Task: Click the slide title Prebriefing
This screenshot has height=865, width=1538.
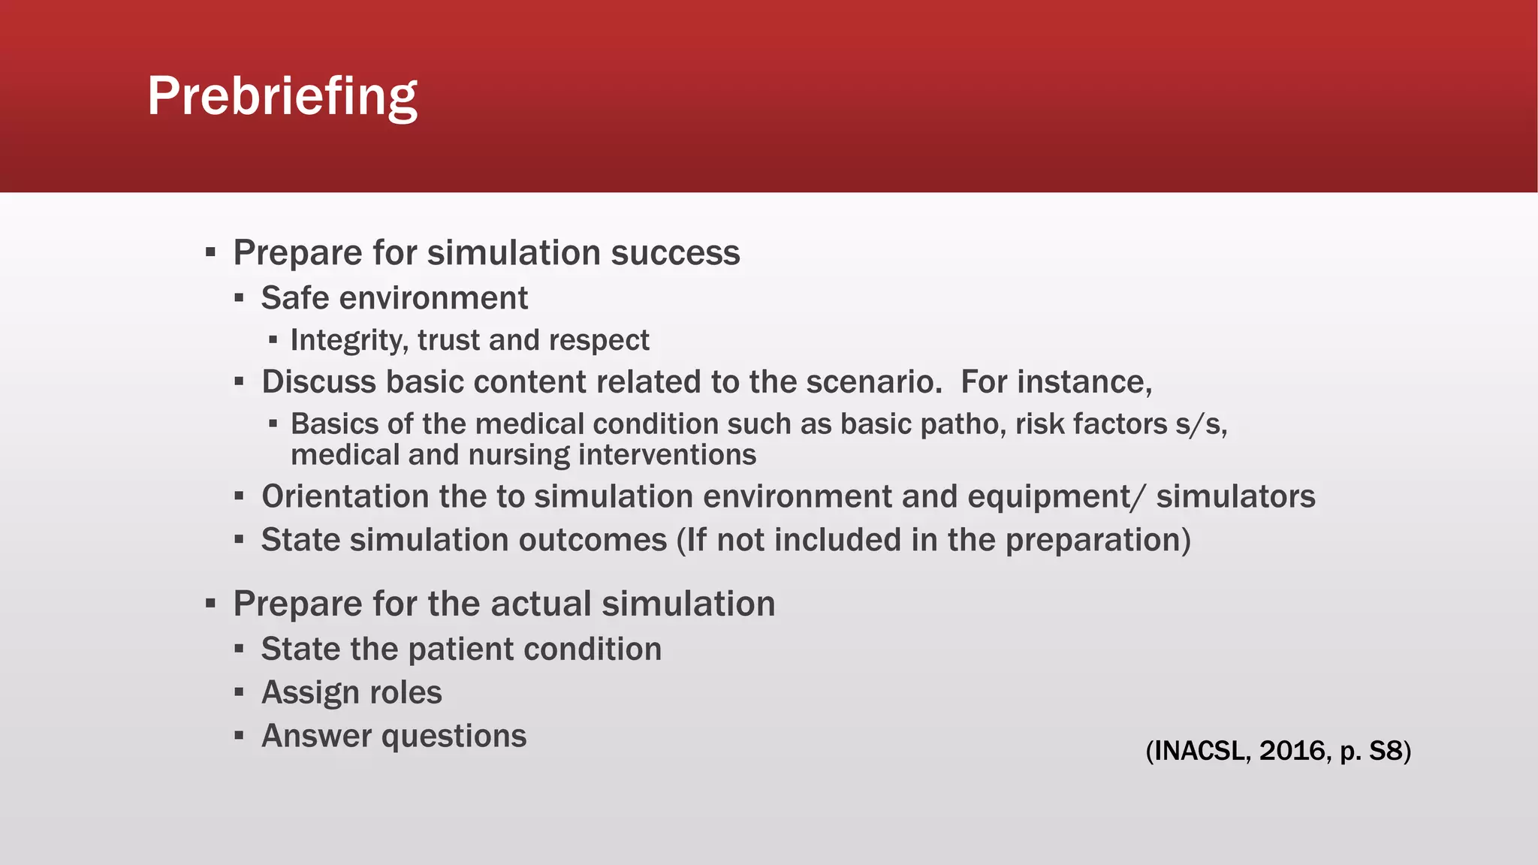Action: pyautogui.click(x=282, y=96)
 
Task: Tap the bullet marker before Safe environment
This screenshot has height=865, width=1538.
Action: pyautogui.click(x=239, y=298)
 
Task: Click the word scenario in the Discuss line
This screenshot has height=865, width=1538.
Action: pyautogui.click(x=873, y=381)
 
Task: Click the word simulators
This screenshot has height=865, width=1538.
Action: pyautogui.click(x=1235, y=496)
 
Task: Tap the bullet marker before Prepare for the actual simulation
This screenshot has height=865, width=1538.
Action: pyautogui.click(x=210, y=603)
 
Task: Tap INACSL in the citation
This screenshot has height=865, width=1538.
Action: pyautogui.click(x=1199, y=750)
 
